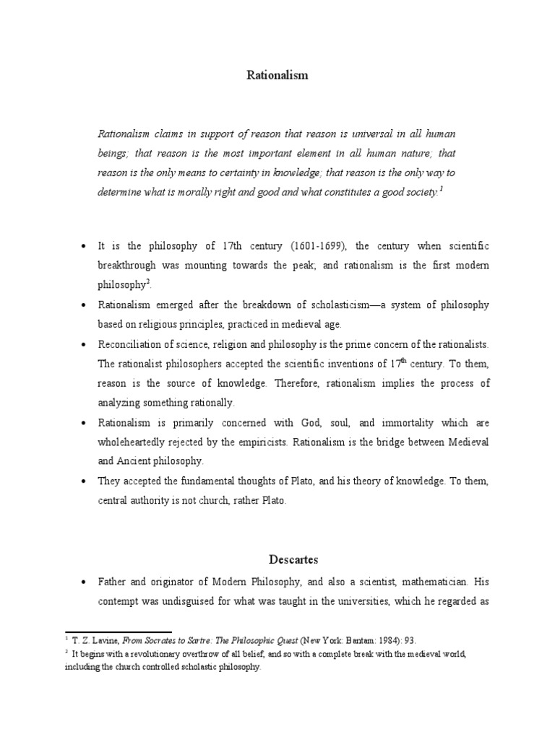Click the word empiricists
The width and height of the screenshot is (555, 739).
[270, 441]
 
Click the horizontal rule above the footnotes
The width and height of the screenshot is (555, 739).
[118, 631]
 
